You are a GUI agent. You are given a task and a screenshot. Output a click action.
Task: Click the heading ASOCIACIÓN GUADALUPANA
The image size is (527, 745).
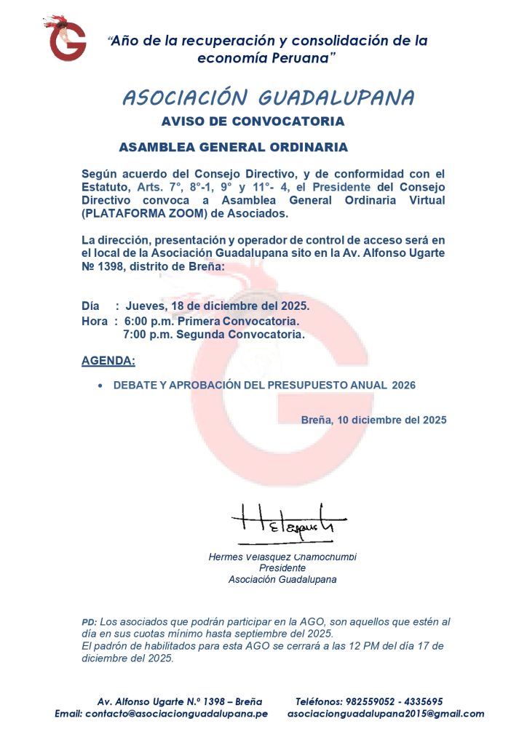click(269, 97)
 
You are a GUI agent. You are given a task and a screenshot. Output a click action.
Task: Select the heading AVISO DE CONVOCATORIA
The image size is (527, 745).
click(253, 121)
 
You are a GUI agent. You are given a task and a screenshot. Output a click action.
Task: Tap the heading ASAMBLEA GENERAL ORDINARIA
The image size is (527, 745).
click(233, 147)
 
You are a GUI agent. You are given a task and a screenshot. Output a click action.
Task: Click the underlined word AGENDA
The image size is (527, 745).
click(108, 361)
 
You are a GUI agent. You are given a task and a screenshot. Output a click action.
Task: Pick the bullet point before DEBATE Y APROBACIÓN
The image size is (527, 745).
click(100, 386)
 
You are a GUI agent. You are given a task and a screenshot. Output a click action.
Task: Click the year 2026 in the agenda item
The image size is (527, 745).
click(403, 385)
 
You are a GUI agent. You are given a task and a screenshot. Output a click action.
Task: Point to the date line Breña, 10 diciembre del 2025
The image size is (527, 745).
click(373, 420)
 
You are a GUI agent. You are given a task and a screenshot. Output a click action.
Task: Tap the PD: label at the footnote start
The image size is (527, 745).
click(89, 623)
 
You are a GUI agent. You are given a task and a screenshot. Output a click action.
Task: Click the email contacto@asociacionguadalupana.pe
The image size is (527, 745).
click(176, 714)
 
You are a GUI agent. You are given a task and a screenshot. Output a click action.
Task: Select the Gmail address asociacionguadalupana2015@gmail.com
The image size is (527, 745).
click(386, 714)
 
